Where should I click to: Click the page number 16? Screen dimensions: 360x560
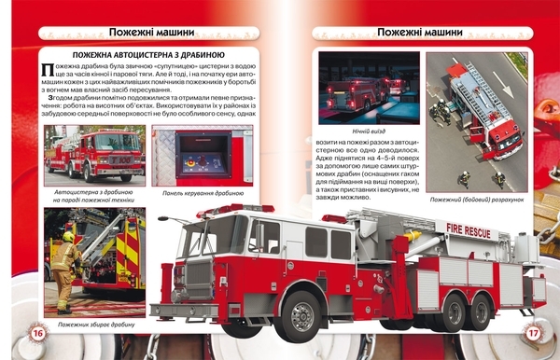tap(37, 333)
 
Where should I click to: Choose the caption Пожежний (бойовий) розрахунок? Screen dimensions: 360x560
tap(476, 199)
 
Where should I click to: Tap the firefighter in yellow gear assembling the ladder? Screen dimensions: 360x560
tap(64, 270)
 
